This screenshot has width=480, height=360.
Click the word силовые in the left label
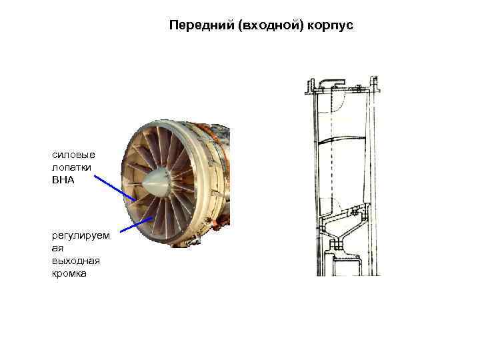(73, 155)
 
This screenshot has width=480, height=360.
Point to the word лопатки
(71, 167)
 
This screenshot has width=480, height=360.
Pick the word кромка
(69, 273)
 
